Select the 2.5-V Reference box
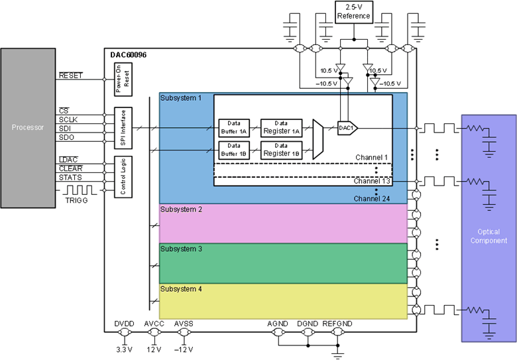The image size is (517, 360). click(x=353, y=12)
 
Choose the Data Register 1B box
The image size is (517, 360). click(x=281, y=150)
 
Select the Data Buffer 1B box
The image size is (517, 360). click(x=233, y=150)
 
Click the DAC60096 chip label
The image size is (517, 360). click(x=129, y=54)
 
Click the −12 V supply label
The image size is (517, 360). click(x=184, y=349)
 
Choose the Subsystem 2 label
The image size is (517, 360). click(x=182, y=210)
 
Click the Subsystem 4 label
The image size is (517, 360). click(x=182, y=289)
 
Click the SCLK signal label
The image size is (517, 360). click(x=69, y=119)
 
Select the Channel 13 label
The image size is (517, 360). click(x=371, y=181)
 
